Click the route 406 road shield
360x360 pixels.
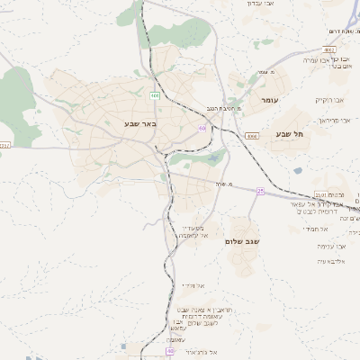coord(155,94)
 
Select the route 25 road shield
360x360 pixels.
coord(260,191)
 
